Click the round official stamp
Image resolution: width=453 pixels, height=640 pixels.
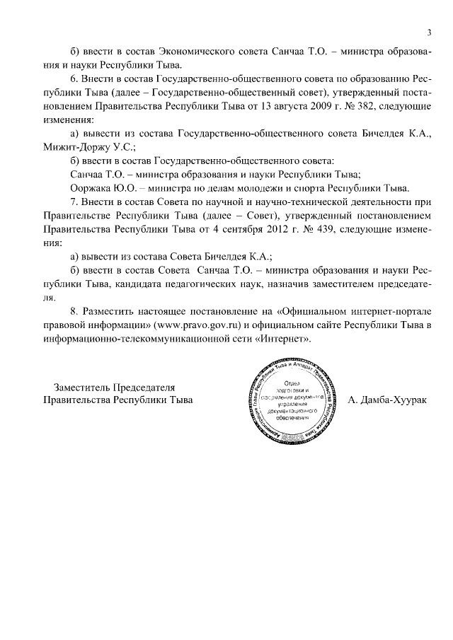pyautogui.click(x=297, y=401)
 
